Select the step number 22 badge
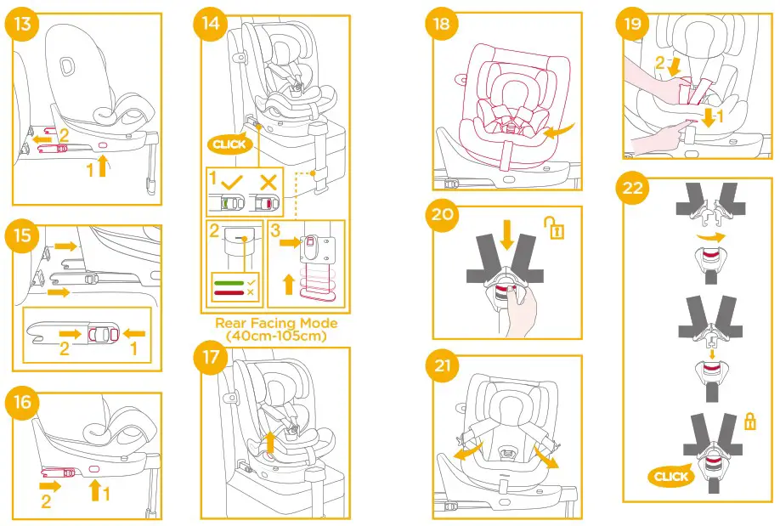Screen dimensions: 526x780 633,188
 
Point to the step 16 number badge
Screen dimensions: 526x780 23,402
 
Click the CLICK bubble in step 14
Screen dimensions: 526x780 229,144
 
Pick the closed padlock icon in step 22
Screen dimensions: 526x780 749,421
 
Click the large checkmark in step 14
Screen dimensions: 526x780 233,182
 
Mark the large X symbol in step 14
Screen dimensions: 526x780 268,182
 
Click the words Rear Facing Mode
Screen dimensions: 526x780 276,323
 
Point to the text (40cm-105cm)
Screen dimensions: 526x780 276,336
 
